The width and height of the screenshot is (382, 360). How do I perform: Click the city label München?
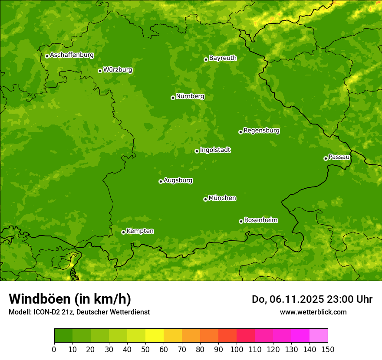click(x=222, y=198)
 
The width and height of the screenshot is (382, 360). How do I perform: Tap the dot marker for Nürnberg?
click(x=173, y=98)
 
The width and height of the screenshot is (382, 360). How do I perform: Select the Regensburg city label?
click(x=261, y=131)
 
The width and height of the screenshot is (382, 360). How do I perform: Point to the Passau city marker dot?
click(x=326, y=158)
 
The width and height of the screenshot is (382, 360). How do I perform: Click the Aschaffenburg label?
click(x=72, y=55)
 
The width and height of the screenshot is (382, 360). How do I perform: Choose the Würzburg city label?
click(x=118, y=70)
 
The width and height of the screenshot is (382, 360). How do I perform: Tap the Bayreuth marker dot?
click(x=206, y=59)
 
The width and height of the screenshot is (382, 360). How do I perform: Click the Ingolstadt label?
click(x=215, y=150)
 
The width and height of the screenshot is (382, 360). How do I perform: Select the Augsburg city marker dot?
click(x=161, y=181)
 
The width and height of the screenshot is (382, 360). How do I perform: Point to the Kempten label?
click(x=140, y=231)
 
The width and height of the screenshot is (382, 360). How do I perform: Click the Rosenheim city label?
click(x=260, y=220)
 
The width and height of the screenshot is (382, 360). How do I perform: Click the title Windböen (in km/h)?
click(x=69, y=299)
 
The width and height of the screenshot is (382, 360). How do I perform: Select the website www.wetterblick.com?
click(x=313, y=312)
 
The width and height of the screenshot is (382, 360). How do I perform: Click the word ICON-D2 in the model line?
click(x=46, y=312)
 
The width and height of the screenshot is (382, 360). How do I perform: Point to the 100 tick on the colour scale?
click(x=237, y=349)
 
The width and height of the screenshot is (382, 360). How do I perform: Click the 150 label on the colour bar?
click(x=328, y=349)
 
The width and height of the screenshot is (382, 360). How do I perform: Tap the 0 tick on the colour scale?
click(x=54, y=349)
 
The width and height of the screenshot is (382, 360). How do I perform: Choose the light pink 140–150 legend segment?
click(x=319, y=336)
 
